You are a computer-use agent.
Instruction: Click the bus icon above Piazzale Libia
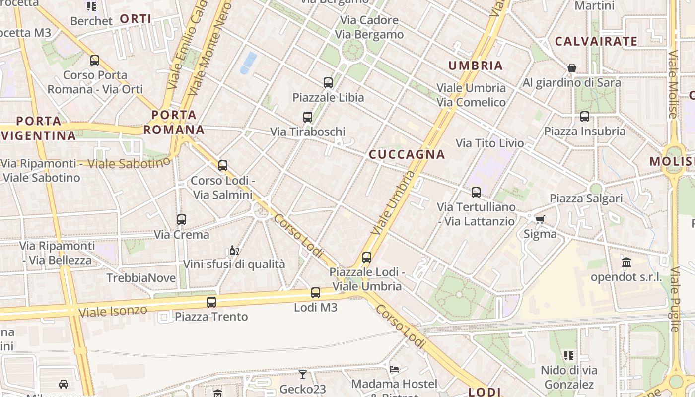click(328, 83)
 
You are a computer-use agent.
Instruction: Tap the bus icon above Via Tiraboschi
click(308, 117)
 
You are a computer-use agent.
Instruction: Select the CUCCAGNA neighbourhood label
click(407, 154)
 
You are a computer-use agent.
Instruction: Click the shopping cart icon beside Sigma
click(540, 219)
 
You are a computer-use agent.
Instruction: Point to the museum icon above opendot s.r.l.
click(626, 263)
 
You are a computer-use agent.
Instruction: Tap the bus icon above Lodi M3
click(316, 293)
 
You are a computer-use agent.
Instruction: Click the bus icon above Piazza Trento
click(211, 302)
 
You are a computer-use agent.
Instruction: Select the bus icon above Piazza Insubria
click(585, 117)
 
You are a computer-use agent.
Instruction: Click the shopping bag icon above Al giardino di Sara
click(572, 68)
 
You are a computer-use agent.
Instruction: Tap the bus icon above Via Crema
click(182, 219)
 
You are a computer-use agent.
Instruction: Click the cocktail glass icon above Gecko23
click(303, 374)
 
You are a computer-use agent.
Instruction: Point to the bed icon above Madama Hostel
click(394, 369)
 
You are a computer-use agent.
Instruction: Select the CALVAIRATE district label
click(596, 41)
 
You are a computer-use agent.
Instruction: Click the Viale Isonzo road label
click(113, 311)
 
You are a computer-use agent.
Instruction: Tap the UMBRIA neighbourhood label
click(476, 66)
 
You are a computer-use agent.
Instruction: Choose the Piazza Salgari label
click(586, 198)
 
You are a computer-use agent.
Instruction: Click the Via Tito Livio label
click(489, 143)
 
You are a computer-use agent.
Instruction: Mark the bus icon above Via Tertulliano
click(476, 192)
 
